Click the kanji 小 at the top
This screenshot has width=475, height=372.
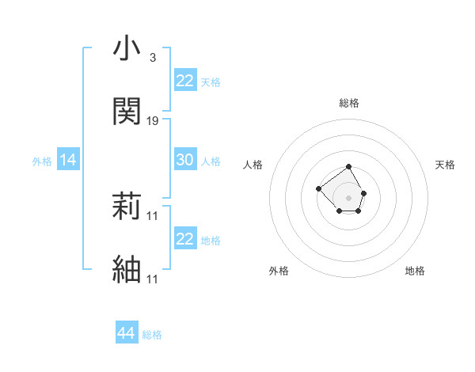[126, 50]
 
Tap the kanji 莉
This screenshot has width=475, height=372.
[126, 207]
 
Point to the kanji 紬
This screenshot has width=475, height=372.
[126, 269]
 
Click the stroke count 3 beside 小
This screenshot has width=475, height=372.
[153, 59]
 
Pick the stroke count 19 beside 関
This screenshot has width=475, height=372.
[153, 120]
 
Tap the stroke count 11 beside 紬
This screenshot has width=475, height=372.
[153, 279]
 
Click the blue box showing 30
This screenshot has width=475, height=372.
[184, 160]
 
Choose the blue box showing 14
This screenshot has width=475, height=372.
[68, 161]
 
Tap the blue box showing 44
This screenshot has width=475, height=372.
[126, 334]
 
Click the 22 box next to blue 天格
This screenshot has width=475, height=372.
[184, 81]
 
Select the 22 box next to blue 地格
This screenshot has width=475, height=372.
[184, 239]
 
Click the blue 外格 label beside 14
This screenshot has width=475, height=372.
[42, 161]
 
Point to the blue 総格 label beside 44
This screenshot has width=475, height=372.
[152, 335]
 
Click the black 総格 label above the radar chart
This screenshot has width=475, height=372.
[348, 103]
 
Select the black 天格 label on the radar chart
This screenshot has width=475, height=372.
[445, 165]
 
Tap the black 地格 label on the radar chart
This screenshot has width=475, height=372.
[415, 271]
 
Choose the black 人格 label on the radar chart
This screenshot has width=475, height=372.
[253, 165]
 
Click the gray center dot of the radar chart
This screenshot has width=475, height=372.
[348, 197]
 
